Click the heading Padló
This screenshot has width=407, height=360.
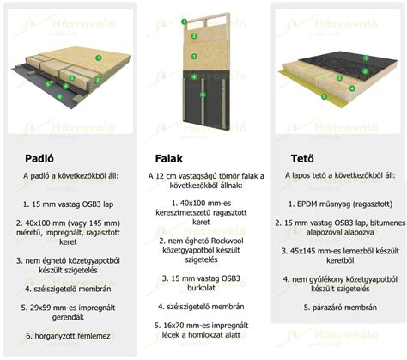[x=39, y=158]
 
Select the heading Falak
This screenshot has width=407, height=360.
[x=169, y=158]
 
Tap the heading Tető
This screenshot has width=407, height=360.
[x=302, y=158]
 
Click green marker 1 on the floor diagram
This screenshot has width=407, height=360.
[x=99, y=58]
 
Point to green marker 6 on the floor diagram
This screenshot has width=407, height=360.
[x=59, y=96]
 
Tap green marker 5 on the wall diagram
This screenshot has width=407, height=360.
[x=203, y=94]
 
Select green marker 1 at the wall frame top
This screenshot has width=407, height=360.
[x=184, y=21]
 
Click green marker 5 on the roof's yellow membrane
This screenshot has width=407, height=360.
[x=324, y=96]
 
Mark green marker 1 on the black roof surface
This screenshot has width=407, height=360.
[x=366, y=58]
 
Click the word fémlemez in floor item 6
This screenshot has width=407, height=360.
[x=94, y=336]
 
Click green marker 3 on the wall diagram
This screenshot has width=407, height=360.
[x=194, y=57]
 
